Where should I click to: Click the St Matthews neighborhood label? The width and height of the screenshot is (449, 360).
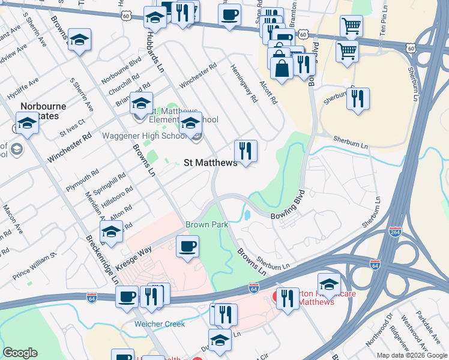tap(210, 162)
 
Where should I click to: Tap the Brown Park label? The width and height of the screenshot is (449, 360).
tap(206, 224)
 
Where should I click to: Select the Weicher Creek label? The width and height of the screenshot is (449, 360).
tap(159, 324)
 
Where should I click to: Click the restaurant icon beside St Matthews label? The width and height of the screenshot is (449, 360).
tap(245, 151)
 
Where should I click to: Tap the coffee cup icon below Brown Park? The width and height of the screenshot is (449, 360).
tap(187, 246)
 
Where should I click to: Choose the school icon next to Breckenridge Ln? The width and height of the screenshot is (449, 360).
tap(110, 232)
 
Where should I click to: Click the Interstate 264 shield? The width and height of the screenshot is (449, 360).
tap(394, 232)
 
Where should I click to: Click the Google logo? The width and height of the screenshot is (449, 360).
tap(20, 353)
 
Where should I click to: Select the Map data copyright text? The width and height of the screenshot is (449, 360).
tap(411, 355)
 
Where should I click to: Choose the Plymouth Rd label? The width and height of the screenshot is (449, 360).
tap(83, 180)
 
